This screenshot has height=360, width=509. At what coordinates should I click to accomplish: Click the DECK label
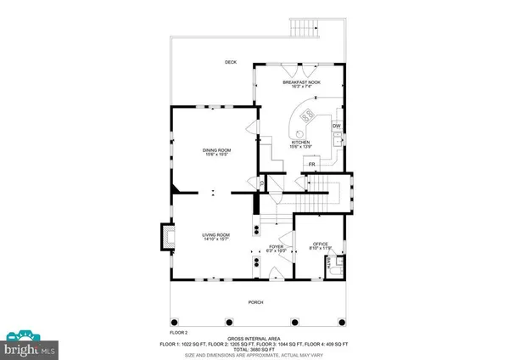point(230,62)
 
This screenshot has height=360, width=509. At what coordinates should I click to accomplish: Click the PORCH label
point(255,303)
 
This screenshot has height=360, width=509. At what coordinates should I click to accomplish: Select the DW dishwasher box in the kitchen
point(336,127)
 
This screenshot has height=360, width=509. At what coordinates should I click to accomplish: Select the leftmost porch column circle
point(176,321)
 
